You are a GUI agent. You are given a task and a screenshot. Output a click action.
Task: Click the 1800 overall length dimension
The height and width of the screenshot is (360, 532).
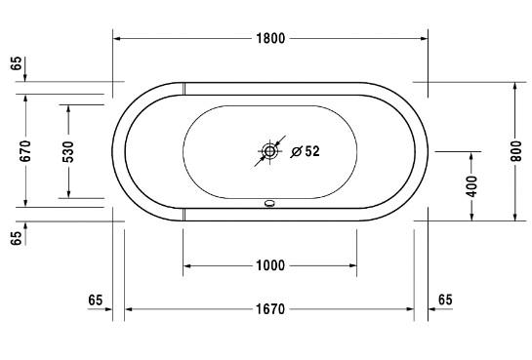pos(270,39)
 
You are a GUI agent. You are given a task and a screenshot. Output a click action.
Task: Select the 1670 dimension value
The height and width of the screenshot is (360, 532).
pos(270,310)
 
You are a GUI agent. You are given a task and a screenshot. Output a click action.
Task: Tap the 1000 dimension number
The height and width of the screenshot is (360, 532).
pos(270,265)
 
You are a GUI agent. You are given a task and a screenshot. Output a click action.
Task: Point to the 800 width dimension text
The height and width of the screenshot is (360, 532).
pos(516,150)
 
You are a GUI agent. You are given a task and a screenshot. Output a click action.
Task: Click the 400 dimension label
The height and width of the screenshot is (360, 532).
pos(471,185)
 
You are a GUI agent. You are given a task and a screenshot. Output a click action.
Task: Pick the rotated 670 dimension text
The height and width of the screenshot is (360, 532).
pos(26,150)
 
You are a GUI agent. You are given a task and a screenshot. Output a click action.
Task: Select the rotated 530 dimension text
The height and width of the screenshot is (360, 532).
pos(68,150)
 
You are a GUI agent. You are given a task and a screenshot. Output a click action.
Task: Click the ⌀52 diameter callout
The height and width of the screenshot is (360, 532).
pos(306,151)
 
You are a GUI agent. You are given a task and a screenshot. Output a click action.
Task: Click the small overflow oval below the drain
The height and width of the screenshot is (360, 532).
pos(270,205)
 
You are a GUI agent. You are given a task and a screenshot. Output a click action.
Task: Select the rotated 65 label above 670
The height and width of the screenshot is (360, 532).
pos(17,65)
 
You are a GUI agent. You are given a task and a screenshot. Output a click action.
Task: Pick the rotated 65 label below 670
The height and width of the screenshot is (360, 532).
pos(17,238)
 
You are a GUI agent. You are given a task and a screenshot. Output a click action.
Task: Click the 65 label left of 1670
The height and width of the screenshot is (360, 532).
pos(95,299)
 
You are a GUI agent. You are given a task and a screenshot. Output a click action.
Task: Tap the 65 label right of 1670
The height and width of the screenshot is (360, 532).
pos(444,299)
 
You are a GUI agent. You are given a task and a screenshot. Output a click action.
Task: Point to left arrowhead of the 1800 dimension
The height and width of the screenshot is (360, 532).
pos(118,39)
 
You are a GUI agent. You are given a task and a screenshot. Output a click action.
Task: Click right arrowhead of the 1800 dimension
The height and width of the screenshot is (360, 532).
pos(424,39)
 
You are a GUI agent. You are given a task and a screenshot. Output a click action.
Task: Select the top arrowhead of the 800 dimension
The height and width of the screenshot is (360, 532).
pos(516,87)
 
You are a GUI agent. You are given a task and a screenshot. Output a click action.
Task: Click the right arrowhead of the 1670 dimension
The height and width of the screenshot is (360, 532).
pos(410,310)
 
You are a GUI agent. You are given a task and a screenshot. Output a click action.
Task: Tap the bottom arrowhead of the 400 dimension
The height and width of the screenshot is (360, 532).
pos(471,217)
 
